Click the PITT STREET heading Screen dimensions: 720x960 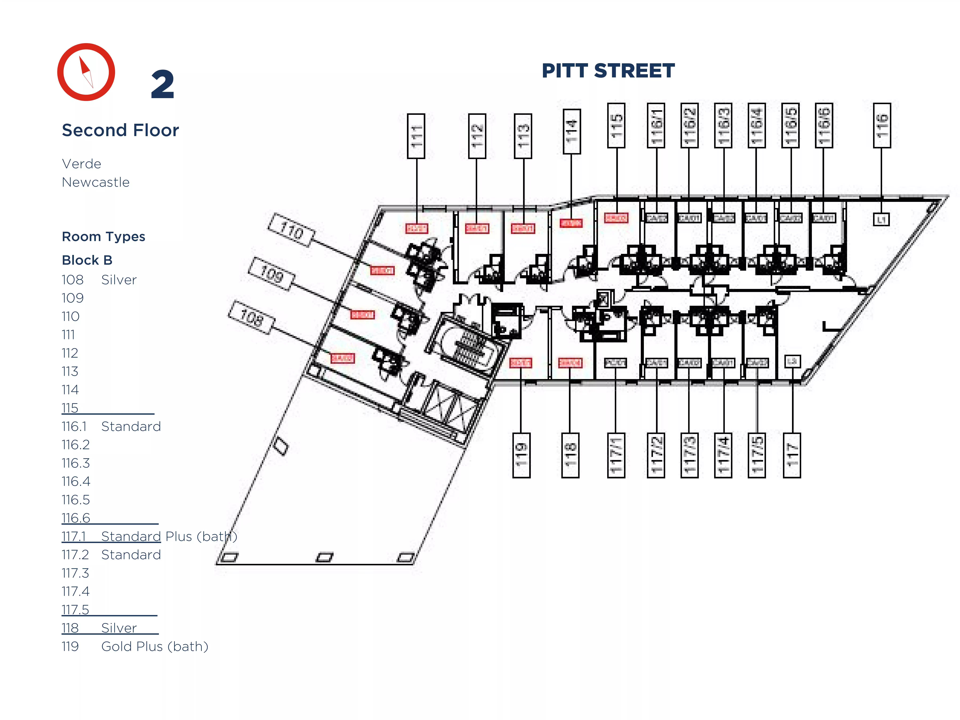click(x=608, y=71)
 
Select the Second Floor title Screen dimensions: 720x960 click(x=120, y=130)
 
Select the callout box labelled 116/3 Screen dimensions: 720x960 click(x=723, y=125)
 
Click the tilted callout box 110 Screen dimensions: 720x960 click(x=291, y=230)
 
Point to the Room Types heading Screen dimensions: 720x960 click(x=103, y=237)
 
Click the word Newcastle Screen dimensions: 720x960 click(x=95, y=182)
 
